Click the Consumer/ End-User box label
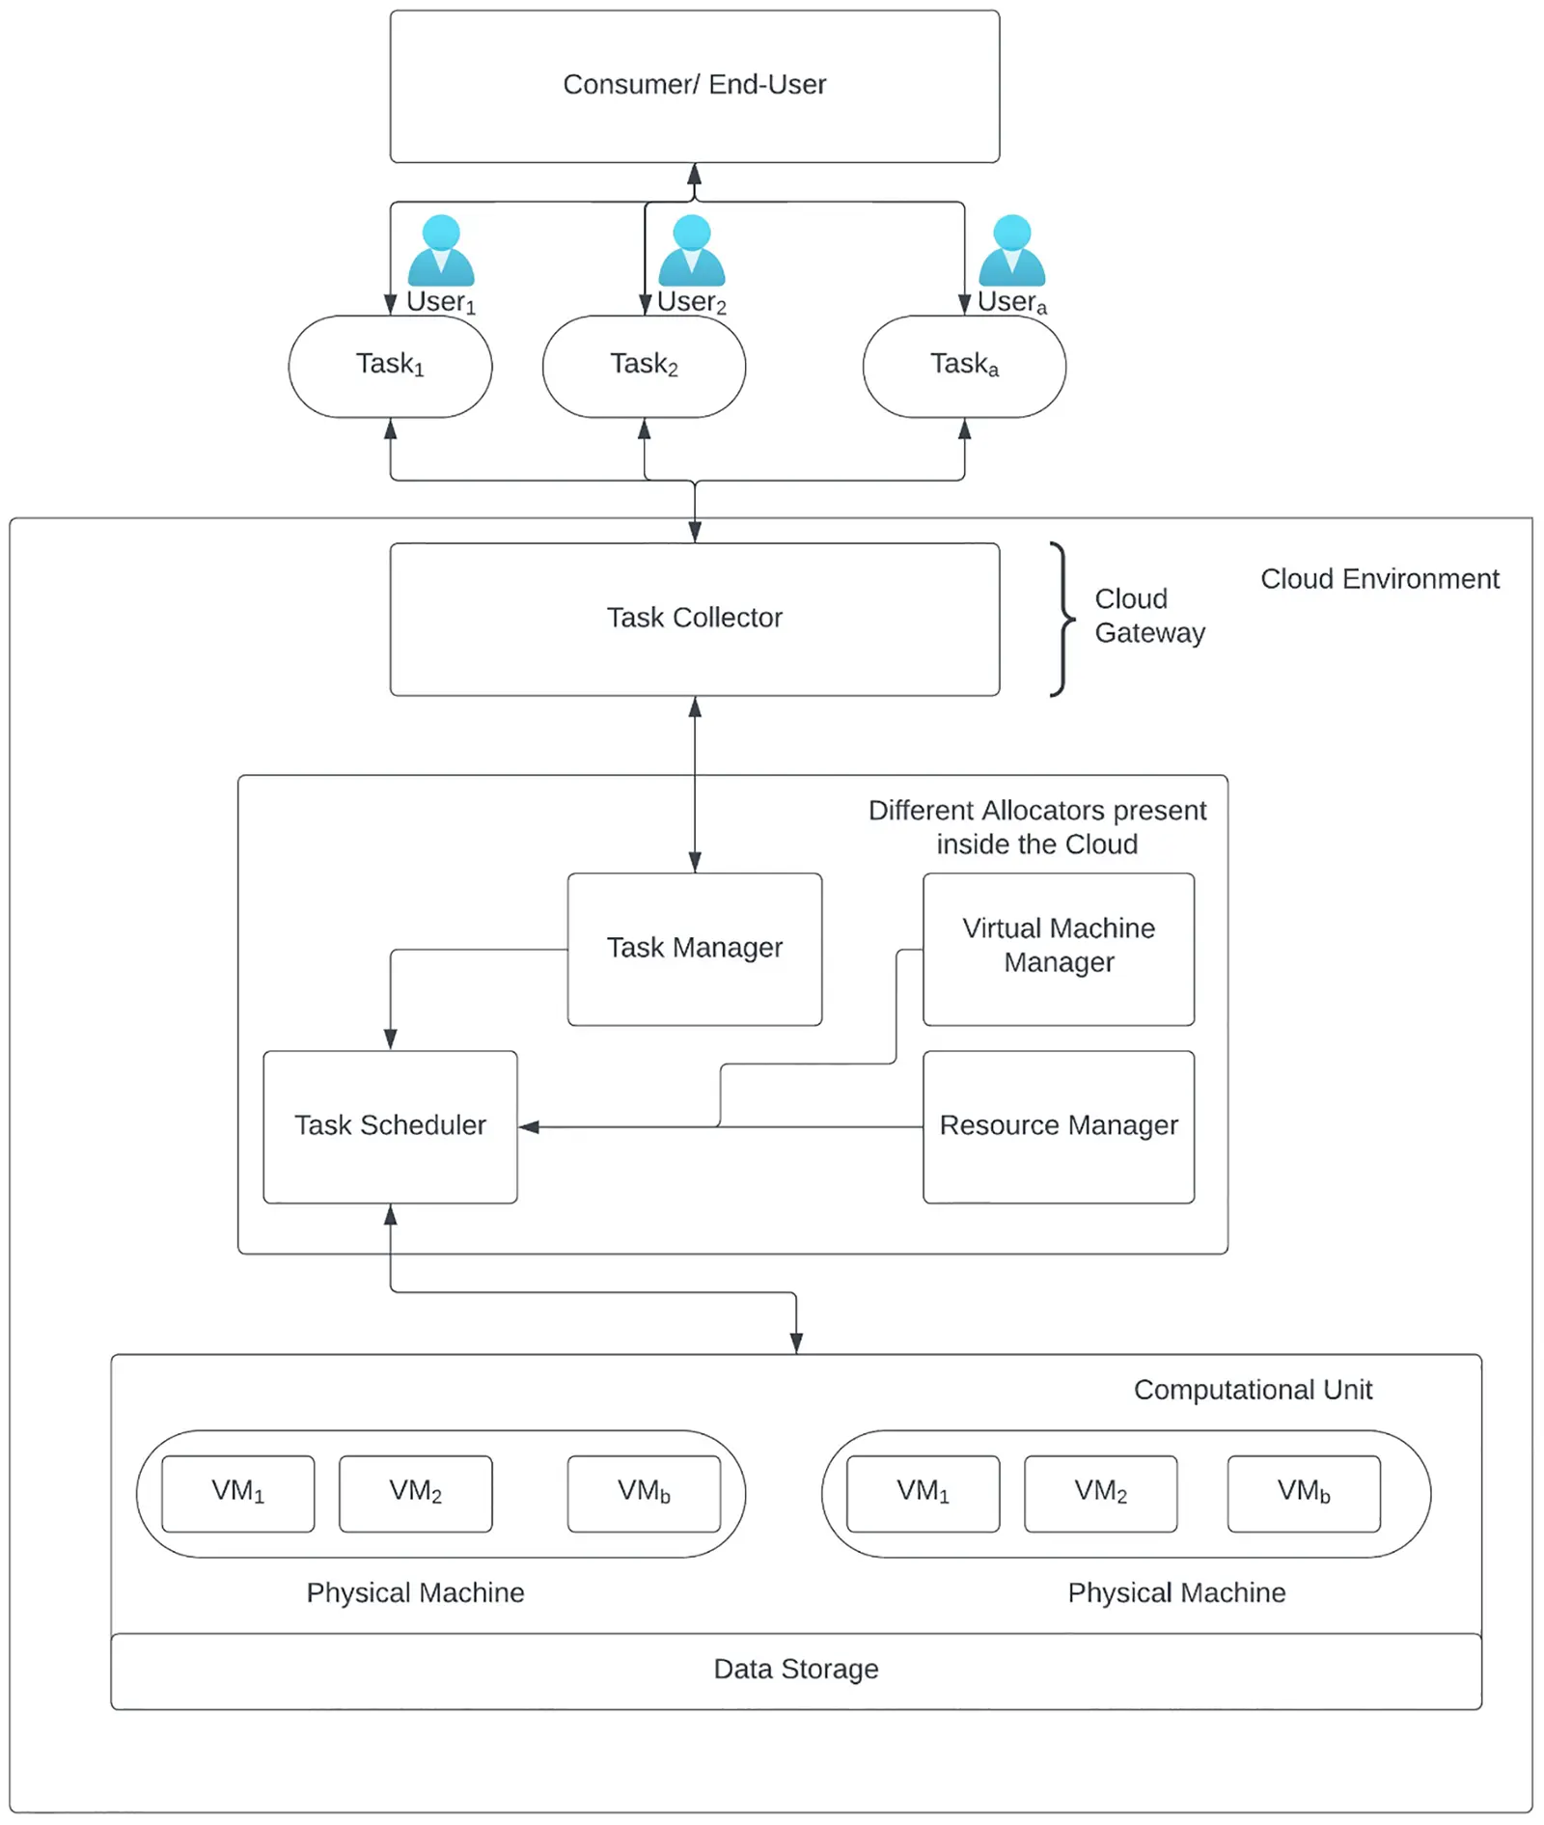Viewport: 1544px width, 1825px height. pyautogui.click(x=694, y=85)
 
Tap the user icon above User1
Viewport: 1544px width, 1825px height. pyautogui.click(x=441, y=250)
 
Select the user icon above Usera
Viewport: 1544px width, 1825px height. pyautogui.click(x=1011, y=250)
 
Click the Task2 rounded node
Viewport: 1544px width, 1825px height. pyautogui.click(x=644, y=366)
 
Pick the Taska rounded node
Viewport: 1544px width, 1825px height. pyautogui.click(x=964, y=366)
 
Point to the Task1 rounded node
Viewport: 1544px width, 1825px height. pyautogui.click(x=390, y=366)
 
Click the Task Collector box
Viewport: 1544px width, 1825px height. pyautogui.click(x=694, y=619)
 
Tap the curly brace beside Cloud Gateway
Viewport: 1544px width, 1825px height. pyautogui.click(x=1061, y=619)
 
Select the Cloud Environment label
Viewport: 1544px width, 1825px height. pyautogui.click(x=1379, y=579)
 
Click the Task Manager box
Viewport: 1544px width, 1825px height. pyautogui.click(x=694, y=949)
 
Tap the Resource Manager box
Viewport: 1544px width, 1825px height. pyautogui.click(x=1059, y=1126)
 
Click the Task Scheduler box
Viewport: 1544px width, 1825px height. pyautogui.click(x=390, y=1126)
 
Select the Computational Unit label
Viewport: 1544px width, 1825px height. pyautogui.click(x=1252, y=1390)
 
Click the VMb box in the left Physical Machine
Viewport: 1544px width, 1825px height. pyautogui.click(x=644, y=1493)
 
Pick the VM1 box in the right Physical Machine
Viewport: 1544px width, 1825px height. pyautogui.click(x=923, y=1493)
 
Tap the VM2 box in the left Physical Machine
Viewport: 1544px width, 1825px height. pyautogui.click(x=415, y=1493)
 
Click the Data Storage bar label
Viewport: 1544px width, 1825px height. pyautogui.click(x=795, y=1670)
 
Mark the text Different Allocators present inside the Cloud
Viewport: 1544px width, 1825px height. pyautogui.click(x=1036, y=827)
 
